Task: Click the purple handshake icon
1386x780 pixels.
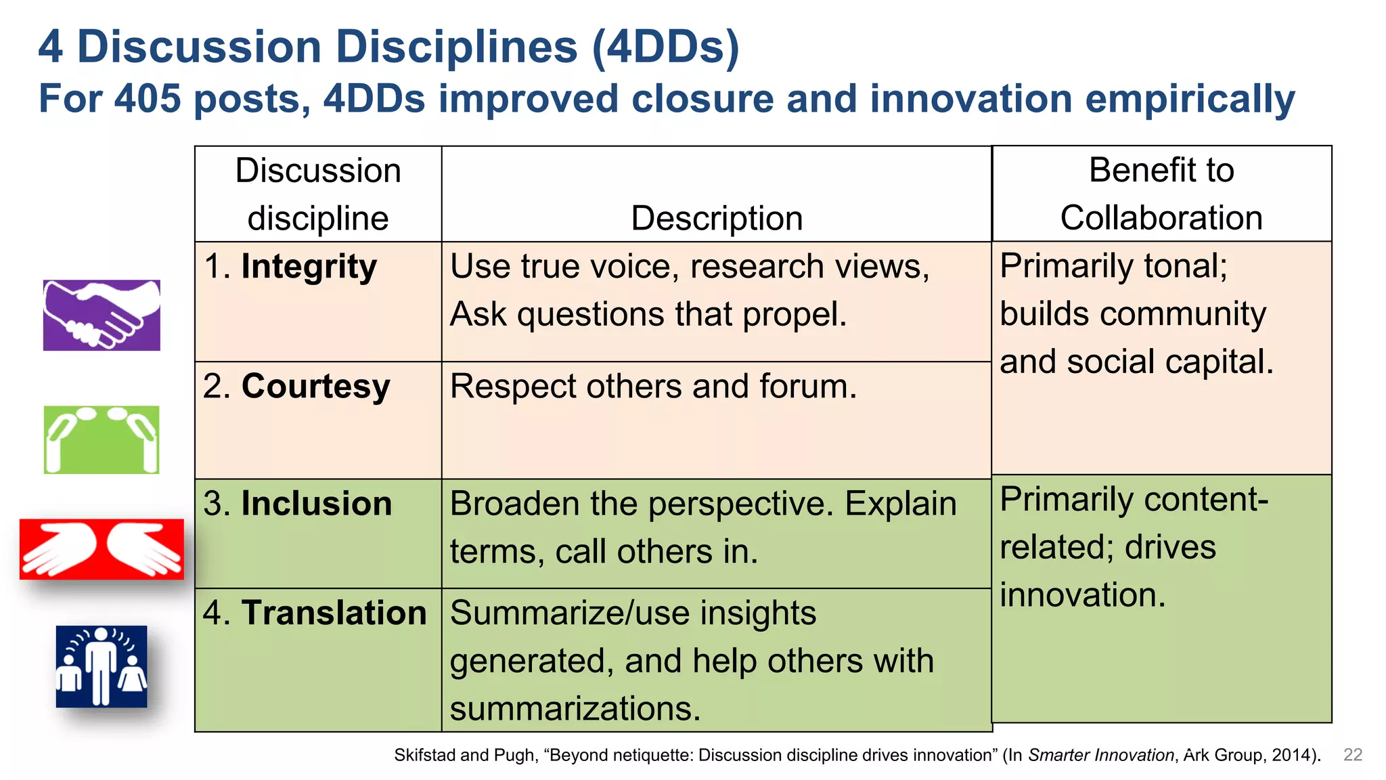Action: tap(102, 315)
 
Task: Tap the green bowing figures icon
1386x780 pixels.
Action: tap(102, 439)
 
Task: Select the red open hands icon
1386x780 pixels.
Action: tap(102, 549)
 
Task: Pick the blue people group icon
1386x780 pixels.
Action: tap(102, 666)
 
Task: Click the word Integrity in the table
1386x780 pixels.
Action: tap(309, 267)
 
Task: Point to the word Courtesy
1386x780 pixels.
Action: tap(315, 387)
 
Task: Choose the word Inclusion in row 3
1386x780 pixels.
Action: tap(317, 504)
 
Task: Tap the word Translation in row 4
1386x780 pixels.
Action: tap(334, 613)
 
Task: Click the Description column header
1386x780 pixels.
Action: tap(717, 219)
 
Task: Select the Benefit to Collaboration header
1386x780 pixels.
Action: tap(1161, 194)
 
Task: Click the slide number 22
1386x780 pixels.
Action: tap(1352, 755)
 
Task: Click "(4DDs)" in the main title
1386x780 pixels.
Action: tap(665, 47)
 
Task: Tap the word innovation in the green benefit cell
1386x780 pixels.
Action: tap(1082, 595)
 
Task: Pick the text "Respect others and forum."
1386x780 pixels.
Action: tap(653, 387)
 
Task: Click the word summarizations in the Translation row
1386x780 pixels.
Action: tap(575, 709)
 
